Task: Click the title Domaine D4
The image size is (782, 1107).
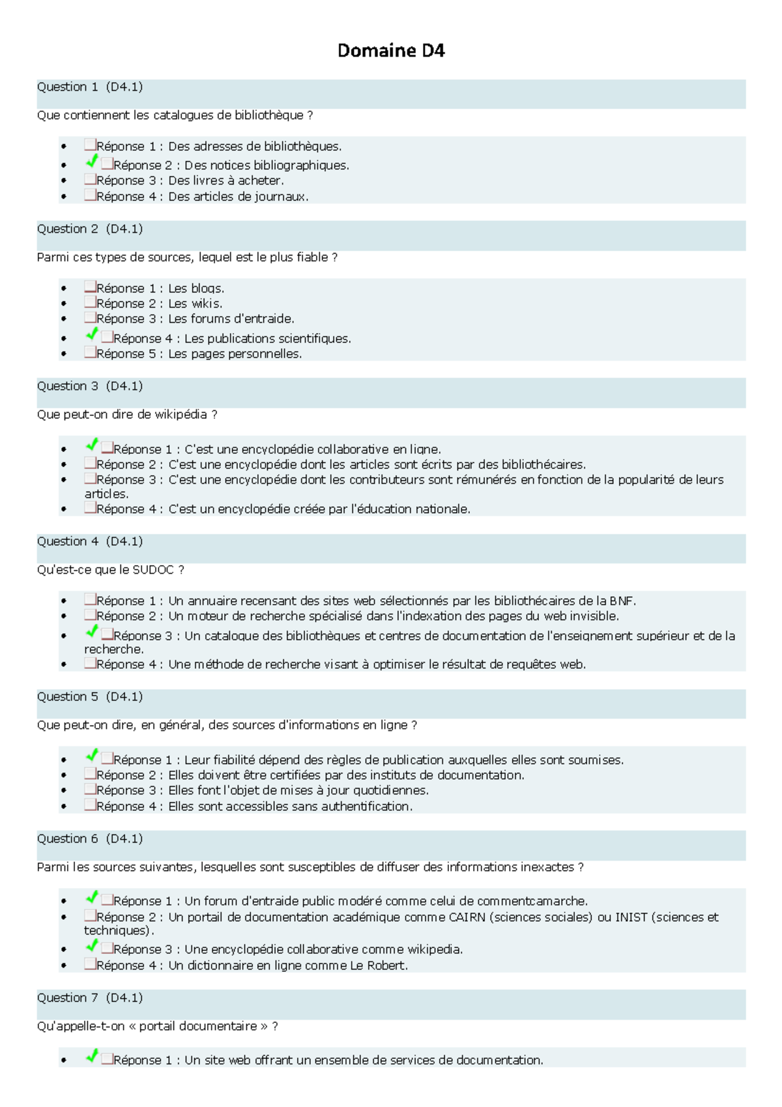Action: tap(391, 51)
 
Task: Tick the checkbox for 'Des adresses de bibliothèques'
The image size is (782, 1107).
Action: tap(90, 145)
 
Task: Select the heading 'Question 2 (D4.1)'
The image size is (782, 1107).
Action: tap(90, 229)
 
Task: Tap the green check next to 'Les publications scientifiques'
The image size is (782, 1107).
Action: tap(92, 334)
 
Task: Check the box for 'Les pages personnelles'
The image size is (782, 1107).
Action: tap(90, 353)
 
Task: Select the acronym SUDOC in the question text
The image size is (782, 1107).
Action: tap(153, 570)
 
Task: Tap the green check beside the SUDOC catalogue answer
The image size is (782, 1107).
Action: tap(92, 631)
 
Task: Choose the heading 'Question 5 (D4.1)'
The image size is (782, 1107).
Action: tap(90, 697)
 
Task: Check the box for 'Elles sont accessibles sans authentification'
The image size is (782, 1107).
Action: tap(90, 805)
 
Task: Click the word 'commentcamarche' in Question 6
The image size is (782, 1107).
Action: tap(531, 901)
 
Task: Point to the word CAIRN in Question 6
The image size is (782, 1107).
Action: tap(467, 917)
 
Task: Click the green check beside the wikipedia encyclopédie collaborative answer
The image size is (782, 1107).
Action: tap(92, 945)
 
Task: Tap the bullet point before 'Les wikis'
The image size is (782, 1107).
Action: tap(63, 304)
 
